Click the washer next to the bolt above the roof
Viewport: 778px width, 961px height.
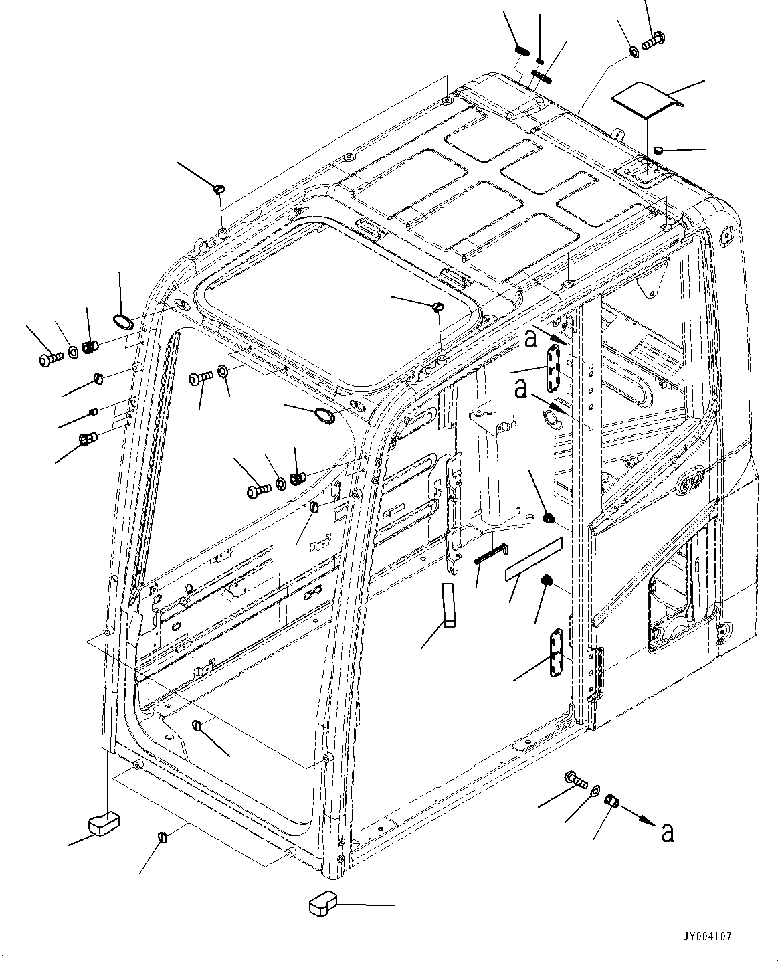(x=633, y=51)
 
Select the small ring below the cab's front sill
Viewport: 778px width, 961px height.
(x=161, y=838)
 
